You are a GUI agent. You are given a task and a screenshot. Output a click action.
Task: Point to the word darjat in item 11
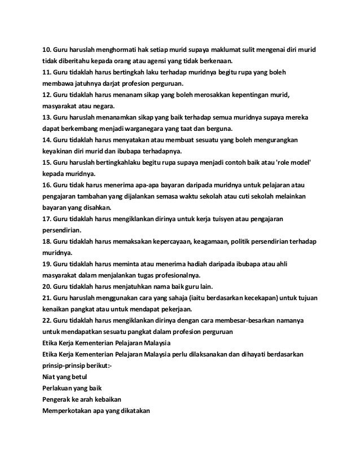click(x=118, y=82)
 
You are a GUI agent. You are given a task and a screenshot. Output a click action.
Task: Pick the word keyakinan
click(x=59, y=150)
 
